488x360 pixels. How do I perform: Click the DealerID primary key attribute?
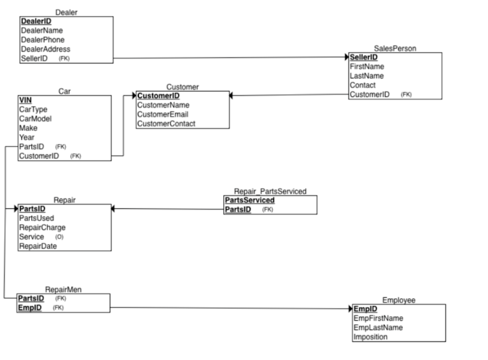(36, 21)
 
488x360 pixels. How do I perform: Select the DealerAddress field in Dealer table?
(45, 49)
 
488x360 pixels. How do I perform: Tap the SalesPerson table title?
(394, 48)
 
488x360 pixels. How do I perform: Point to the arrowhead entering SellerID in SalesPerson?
(348, 57)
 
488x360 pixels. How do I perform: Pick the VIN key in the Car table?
(25, 99)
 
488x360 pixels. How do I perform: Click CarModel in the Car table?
(35, 118)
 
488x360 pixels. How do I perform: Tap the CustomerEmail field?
(163, 114)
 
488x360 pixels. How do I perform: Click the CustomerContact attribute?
(166, 124)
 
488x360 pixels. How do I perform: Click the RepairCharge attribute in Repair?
(42, 227)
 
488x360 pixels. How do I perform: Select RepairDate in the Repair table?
(38, 246)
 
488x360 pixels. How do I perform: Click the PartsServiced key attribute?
(250, 200)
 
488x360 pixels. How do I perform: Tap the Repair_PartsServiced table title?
(270, 191)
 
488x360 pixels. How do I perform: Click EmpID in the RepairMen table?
(30, 308)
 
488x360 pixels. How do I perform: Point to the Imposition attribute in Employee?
(371, 337)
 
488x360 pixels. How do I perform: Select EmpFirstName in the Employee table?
(378, 318)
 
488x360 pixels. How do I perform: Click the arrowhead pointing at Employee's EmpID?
(351, 309)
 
